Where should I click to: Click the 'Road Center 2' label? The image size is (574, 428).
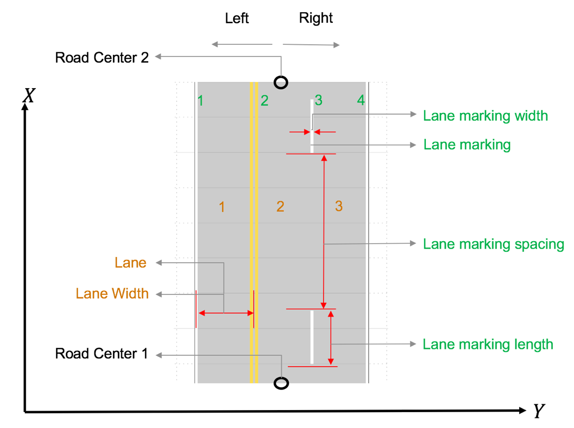(102, 58)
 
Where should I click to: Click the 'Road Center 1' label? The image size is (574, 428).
(102, 354)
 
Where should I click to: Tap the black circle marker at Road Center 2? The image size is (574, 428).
(281, 82)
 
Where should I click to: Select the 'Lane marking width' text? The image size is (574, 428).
(485, 116)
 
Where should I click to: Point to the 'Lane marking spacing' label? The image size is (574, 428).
(493, 244)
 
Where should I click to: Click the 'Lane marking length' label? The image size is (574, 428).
(487, 345)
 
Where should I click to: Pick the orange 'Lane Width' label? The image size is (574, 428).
(112, 294)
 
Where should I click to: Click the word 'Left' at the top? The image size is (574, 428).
(237, 18)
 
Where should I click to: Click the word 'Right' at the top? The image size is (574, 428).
(316, 18)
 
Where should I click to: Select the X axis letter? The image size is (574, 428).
(28, 96)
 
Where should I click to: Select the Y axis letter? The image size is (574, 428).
(538, 411)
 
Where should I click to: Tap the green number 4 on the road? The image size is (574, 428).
(360, 100)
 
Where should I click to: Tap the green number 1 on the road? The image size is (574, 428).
(200, 100)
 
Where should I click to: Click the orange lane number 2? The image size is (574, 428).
(280, 206)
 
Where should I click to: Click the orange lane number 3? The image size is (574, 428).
(339, 206)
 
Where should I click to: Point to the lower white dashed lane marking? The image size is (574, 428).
(312, 337)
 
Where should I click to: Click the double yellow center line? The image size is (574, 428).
(254, 232)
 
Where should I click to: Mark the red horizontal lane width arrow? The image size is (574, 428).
(226, 313)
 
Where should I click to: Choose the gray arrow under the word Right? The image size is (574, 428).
(311, 45)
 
